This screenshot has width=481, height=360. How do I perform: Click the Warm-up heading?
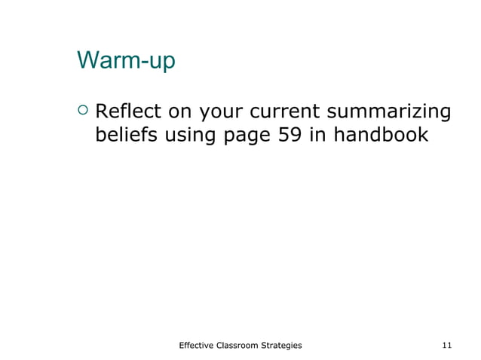(x=125, y=61)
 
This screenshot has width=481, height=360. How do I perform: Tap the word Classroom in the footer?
(x=243, y=345)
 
